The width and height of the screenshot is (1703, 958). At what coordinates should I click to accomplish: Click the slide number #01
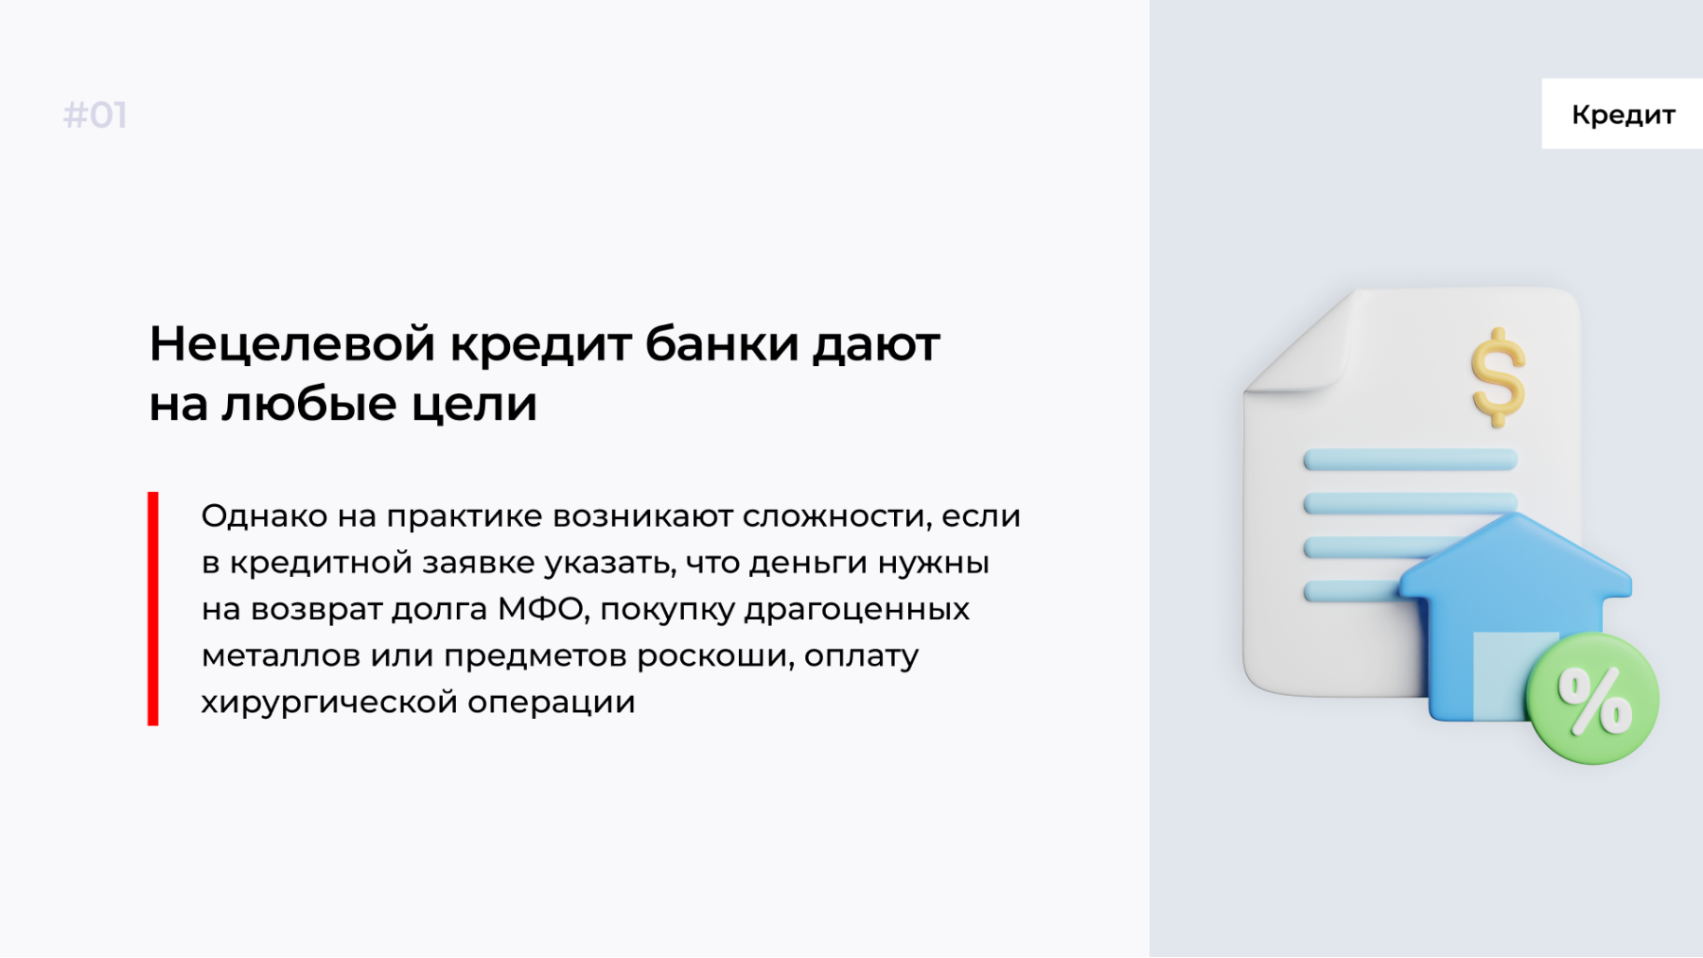tap(95, 115)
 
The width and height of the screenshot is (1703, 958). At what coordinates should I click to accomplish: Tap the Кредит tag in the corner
tap(1623, 114)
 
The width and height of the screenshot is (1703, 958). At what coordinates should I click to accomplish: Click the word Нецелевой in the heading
tap(291, 343)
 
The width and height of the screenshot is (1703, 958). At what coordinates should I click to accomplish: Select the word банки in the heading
tap(722, 343)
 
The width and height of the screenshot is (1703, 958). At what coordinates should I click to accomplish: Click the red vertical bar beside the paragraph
tap(153, 608)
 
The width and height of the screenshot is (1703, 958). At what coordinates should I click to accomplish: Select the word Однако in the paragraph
tap(264, 516)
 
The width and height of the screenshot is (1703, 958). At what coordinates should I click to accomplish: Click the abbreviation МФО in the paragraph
tap(542, 609)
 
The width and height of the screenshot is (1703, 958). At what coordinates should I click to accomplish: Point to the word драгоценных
tap(857, 610)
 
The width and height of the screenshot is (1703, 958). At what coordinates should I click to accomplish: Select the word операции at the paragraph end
tap(551, 703)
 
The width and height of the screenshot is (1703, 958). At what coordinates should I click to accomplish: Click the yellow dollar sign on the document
tap(1498, 377)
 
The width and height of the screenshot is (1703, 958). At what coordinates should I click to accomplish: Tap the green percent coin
tap(1593, 699)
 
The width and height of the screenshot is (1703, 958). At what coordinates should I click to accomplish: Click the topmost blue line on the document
tap(1411, 461)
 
